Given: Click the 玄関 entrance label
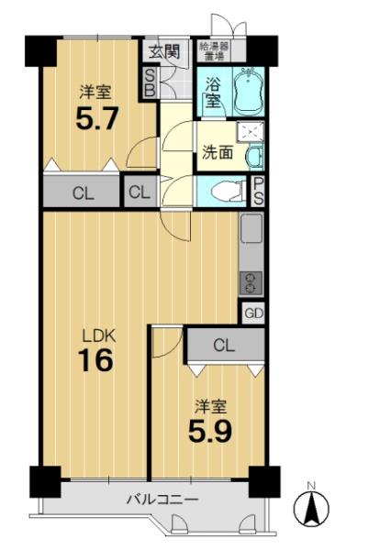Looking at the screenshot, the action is [x=164, y=52].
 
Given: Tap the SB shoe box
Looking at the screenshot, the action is [x=150, y=82].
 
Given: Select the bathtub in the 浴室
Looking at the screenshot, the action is [x=249, y=91].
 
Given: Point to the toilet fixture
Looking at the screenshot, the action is [x=230, y=192].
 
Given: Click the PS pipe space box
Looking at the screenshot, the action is [x=259, y=192].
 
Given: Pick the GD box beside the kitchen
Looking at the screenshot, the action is [x=253, y=313].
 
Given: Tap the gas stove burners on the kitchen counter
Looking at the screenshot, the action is [x=251, y=282].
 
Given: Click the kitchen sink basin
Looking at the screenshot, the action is [x=251, y=228].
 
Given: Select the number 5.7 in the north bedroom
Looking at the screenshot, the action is [x=96, y=118].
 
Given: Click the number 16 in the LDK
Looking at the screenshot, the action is [x=96, y=360].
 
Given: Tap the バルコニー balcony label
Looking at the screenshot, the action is [x=162, y=499].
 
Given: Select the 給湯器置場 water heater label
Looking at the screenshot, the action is [x=214, y=51].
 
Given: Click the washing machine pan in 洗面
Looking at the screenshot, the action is [x=251, y=132].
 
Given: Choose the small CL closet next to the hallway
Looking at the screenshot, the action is [x=140, y=192].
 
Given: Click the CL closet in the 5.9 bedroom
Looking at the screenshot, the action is [x=226, y=346].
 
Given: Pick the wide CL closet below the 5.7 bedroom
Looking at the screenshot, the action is [x=83, y=192].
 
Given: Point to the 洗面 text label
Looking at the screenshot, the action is [x=218, y=152].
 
